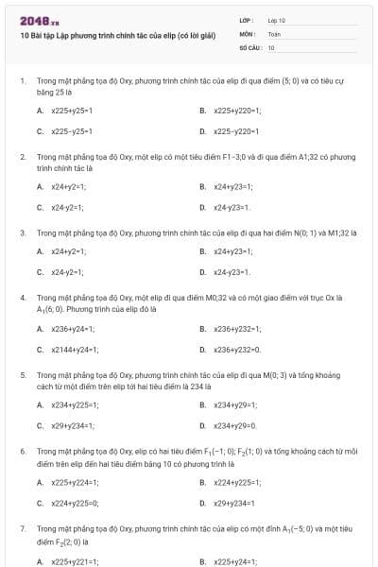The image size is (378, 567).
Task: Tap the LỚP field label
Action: [246, 20]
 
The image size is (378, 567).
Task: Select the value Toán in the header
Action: [274, 33]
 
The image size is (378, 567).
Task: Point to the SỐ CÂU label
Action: [249, 46]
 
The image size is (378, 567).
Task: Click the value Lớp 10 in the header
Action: [276, 20]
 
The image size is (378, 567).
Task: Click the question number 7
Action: [22, 529]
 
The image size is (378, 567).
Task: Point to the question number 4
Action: [22, 298]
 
